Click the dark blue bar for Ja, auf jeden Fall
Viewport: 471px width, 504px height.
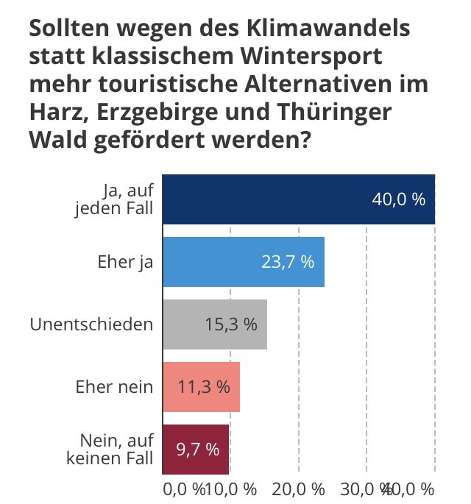tap(298, 199)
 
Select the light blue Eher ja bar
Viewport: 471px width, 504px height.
tap(243, 262)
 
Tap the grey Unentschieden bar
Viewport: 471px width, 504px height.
tap(214, 324)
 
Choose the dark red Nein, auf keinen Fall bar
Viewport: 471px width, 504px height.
tap(196, 449)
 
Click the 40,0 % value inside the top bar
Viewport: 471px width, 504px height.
tap(398, 199)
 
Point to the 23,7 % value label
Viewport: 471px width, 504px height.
tap(288, 262)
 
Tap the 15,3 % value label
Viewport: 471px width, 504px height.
tap(230, 324)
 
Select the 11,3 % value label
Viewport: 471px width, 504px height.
tap(203, 386)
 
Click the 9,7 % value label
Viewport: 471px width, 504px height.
tap(197, 449)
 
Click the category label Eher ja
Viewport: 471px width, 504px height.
tap(125, 262)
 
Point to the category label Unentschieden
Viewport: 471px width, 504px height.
tap(91, 324)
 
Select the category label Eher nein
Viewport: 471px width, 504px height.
tap(114, 386)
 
